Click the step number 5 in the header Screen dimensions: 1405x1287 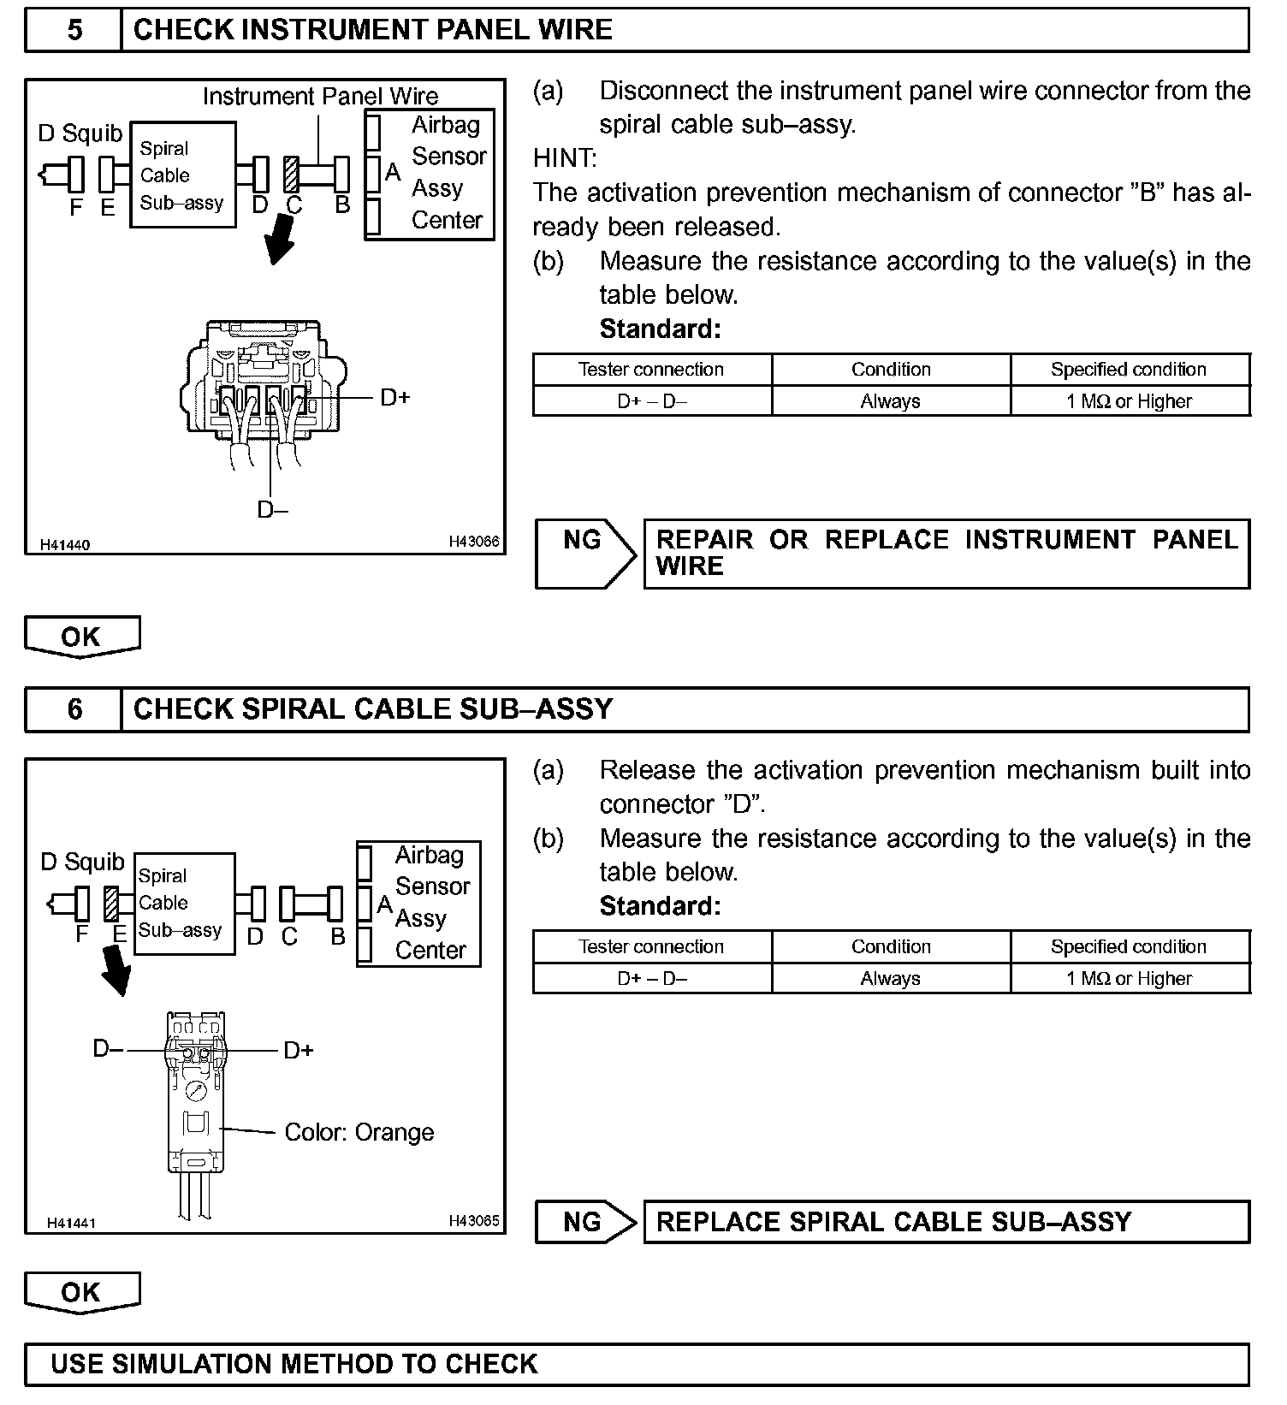click(x=74, y=31)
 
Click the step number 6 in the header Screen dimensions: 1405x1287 click(x=74, y=709)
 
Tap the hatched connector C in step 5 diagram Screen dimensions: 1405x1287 click(x=293, y=175)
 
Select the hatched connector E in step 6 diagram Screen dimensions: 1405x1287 click(x=110, y=904)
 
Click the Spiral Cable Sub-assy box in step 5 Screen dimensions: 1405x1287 click(x=182, y=175)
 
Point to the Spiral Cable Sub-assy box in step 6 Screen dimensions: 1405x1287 click(x=183, y=904)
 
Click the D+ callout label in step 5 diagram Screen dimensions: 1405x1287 click(x=394, y=398)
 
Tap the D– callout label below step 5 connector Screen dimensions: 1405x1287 click(x=272, y=510)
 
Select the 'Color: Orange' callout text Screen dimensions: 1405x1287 click(x=359, y=1133)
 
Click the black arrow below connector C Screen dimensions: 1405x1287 click(x=281, y=240)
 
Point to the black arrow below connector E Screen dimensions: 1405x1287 click(x=116, y=970)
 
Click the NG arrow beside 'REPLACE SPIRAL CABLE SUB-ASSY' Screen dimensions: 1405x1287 click(x=585, y=1222)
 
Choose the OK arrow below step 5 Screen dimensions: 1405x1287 click(x=81, y=637)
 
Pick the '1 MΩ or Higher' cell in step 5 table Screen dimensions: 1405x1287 click(x=1129, y=401)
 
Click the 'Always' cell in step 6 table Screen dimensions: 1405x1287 click(x=890, y=979)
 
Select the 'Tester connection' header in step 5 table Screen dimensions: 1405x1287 click(x=651, y=370)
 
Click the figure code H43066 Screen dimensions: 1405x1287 click(x=474, y=542)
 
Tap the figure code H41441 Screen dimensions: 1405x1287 click(x=71, y=1223)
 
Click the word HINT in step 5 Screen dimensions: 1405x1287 click(x=565, y=158)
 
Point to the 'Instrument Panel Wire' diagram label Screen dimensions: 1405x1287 click(x=320, y=97)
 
